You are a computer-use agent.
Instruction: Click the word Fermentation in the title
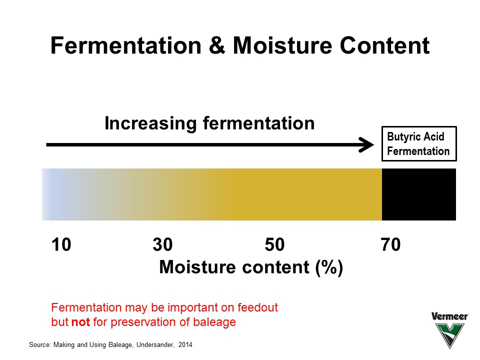click(x=126, y=45)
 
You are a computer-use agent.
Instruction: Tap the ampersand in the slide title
click(x=217, y=45)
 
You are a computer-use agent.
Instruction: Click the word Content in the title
click(x=385, y=45)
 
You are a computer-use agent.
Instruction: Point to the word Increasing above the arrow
click(x=150, y=123)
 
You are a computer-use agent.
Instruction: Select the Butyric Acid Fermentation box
click(x=419, y=143)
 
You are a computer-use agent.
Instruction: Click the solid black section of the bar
click(x=419, y=194)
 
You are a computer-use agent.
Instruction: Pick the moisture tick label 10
click(x=61, y=244)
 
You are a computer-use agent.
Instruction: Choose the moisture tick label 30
click(x=162, y=244)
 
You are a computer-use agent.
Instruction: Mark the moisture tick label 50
click(x=274, y=244)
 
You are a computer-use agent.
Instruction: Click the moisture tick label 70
click(x=390, y=244)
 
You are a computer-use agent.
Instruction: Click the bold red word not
click(x=81, y=322)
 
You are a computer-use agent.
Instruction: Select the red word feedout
click(x=258, y=307)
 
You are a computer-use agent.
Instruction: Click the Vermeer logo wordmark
click(x=449, y=316)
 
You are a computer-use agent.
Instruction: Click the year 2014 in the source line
click(x=185, y=344)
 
